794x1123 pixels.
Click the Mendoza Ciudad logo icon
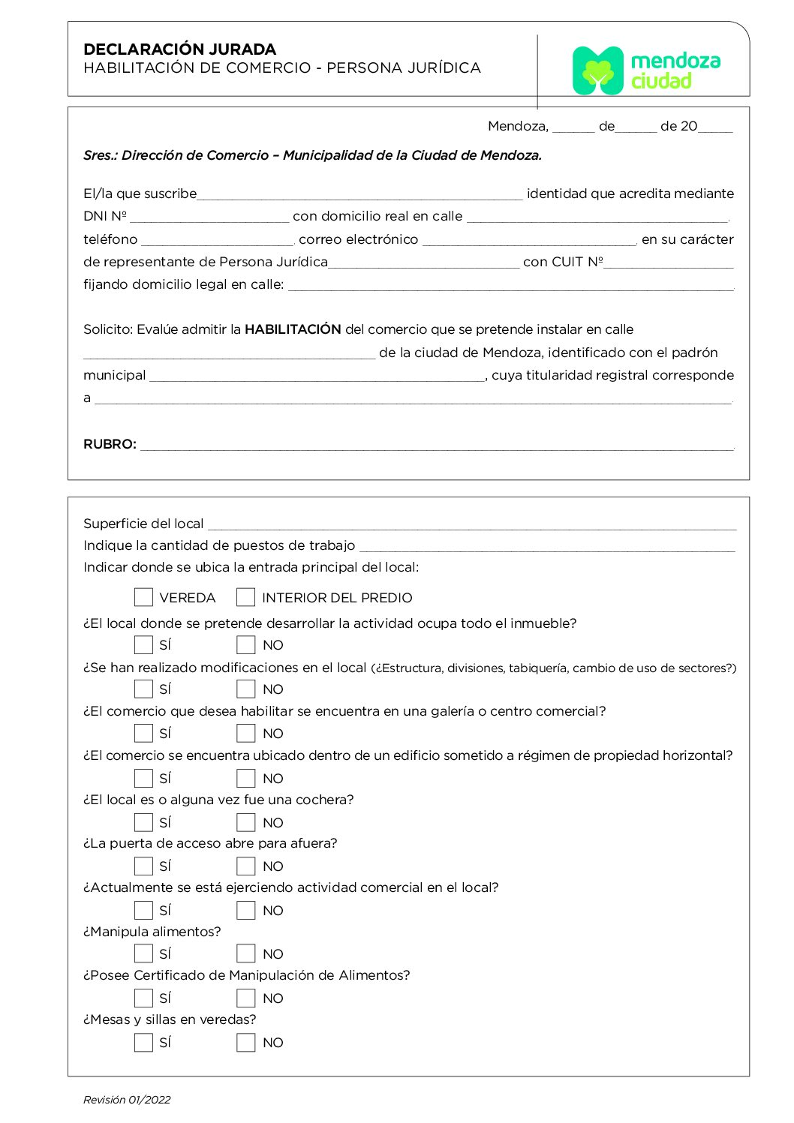pyautogui.click(x=597, y=71)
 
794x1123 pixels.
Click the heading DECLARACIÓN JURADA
pyautogui.click(x=180, y=50)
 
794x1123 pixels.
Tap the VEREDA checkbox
pyautogui.click(x=143, y=597)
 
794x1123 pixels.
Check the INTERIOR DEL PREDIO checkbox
pyautogui.click(x=245, y=597)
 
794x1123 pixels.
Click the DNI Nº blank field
pyautogui.click(x=209, y=217)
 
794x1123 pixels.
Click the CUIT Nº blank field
pyautogui.click(x=669, y=263)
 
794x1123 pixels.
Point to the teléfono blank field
pyautogui.click(x=217, y=240)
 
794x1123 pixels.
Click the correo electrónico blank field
pyautogui.click(x=529, y=240)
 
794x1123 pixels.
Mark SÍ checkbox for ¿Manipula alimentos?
pyautogui.click(x=143, y=953)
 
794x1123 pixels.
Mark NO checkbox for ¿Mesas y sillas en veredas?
pyautogui.click(x=245, y=1042)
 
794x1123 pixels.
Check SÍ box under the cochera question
pyautogui.click(x=143, y=822)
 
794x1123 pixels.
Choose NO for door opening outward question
pyautogui.click(x=245, y=866)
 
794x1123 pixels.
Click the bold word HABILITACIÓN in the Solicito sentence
pyautogui.click(x=293, y=329)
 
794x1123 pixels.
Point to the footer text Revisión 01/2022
pyautogui.click(x=127, y=1100)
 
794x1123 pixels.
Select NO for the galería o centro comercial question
pyautogui.click(x=245, y=733)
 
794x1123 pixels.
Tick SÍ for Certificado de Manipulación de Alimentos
pyautogui.click(x=143, y=998)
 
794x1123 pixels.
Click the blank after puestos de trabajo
pyautogui.click(x=546, y=546)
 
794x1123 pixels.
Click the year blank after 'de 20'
pyautogui.click(x=715, y=127)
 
